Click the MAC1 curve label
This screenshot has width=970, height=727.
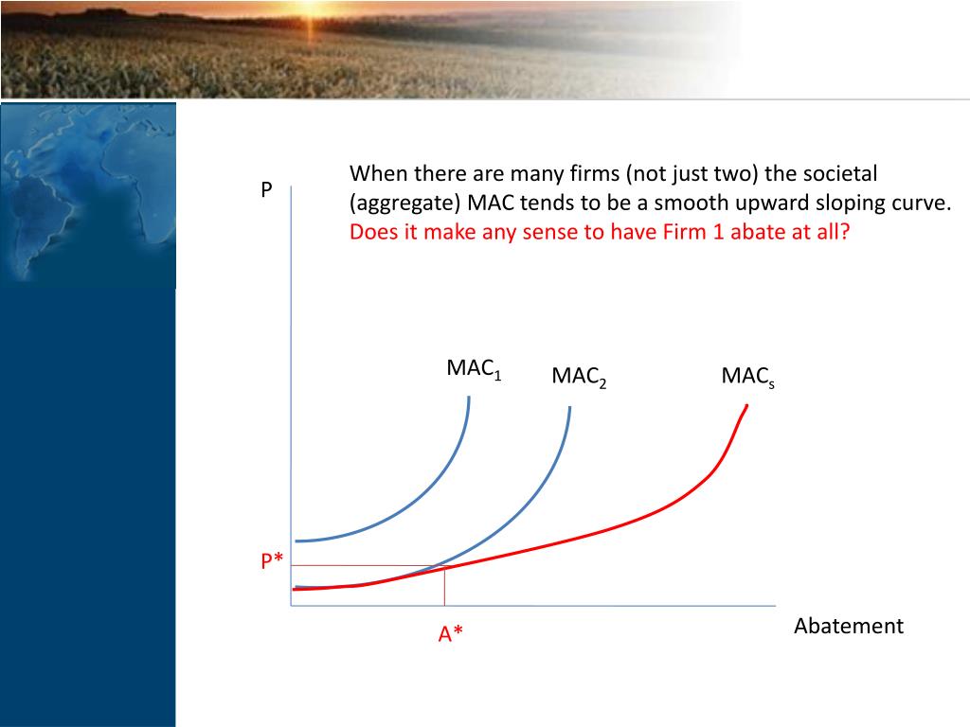point(473,369)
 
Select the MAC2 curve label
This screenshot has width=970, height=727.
point(579,377)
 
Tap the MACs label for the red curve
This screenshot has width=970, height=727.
point(747,377)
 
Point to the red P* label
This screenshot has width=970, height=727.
point(272,562)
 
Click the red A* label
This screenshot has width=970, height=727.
point(451,634)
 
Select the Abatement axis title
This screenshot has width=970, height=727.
point(848,626)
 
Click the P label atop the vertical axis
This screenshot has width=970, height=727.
point(266,189)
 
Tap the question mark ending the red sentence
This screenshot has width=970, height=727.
point(845,233)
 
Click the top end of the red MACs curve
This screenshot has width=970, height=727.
point(746,406)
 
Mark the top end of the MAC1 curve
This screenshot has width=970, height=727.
point(469,398)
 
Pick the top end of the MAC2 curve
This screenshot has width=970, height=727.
point(570,408)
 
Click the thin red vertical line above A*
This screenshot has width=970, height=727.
point(444,587)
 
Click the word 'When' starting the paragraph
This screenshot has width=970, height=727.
point(373,174)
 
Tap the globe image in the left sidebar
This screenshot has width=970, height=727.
point(87,194)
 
